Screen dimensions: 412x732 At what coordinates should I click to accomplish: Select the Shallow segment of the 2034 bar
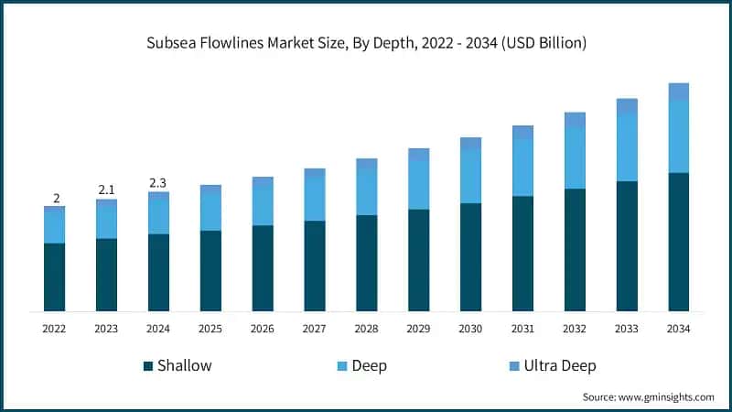(678, 242)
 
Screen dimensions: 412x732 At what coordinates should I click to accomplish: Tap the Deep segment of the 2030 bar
(470, 176)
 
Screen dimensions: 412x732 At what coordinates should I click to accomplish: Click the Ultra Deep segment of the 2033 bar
(626, 106)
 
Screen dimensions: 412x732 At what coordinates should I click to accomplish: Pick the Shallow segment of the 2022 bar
(55, 276)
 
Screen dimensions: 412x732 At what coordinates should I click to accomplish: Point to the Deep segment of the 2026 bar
(263, 206)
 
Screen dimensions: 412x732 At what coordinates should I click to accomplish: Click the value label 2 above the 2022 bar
(55, 198)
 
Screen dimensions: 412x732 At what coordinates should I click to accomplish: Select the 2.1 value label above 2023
(107, 190)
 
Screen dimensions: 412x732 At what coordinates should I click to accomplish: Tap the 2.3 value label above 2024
(159, 183)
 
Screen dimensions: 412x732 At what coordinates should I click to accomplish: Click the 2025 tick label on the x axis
(210, 328)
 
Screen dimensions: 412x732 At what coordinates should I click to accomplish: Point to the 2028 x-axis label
(366, 328)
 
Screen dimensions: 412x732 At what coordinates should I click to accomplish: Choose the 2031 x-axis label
(522, 328)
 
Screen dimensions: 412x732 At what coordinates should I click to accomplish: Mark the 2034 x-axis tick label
(678, 328)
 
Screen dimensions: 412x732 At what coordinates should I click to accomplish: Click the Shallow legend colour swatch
(147, 366)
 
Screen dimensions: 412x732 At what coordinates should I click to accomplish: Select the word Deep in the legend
(369, 366)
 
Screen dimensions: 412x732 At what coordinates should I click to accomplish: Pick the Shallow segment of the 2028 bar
(366, 263)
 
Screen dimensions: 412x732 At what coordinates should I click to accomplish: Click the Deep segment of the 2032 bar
(574, 157)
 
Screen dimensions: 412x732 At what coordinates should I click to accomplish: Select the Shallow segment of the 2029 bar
(418, 260)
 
